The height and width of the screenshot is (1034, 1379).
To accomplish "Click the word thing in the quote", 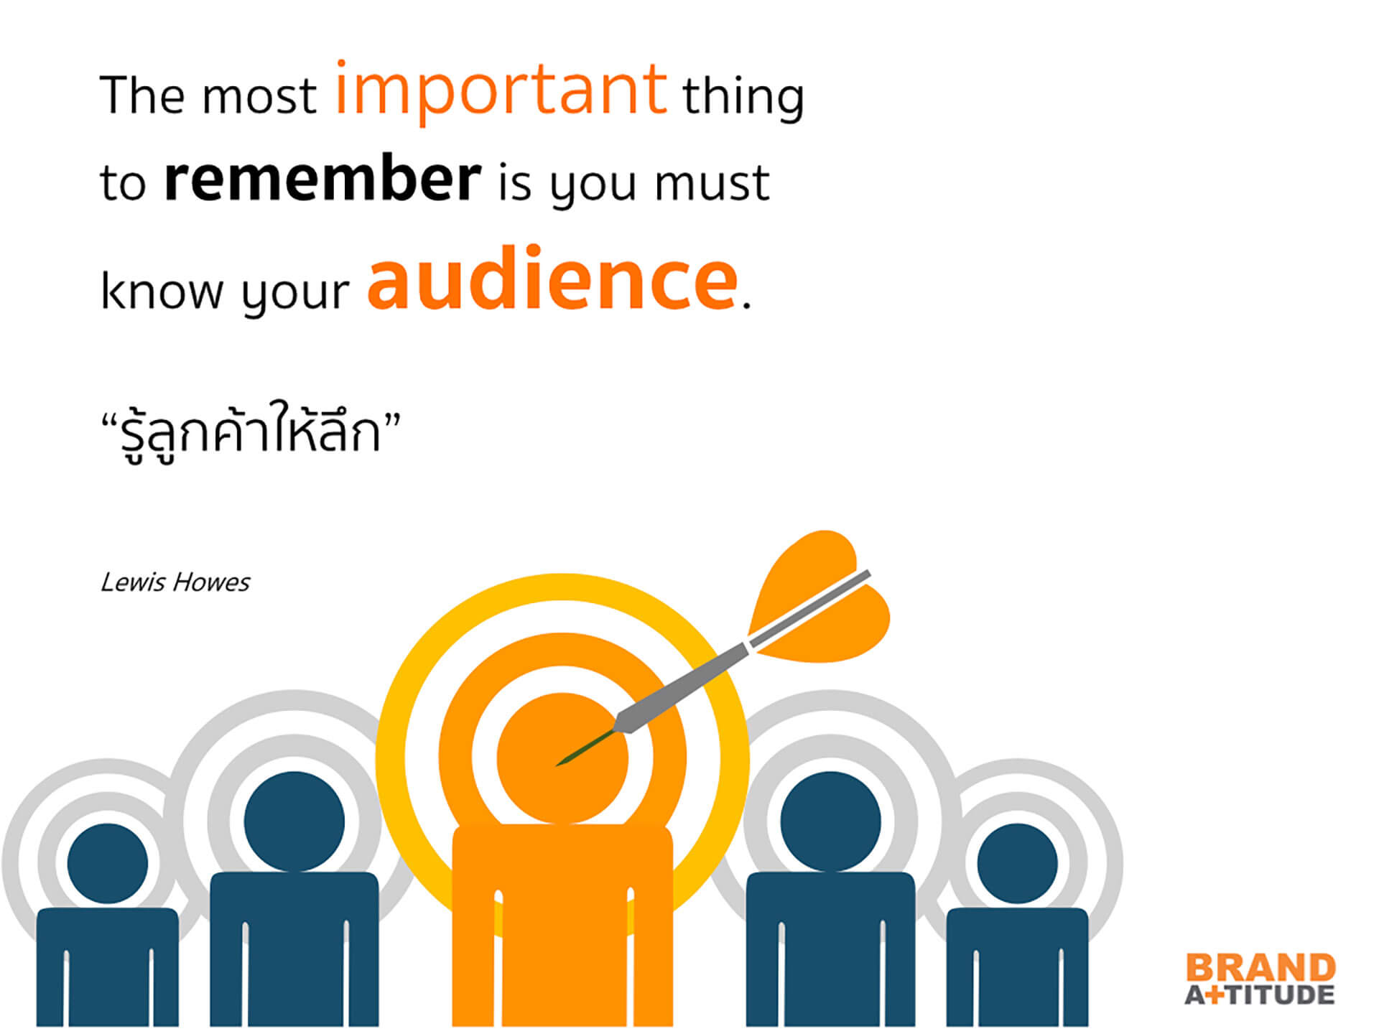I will click(x=743, y=97).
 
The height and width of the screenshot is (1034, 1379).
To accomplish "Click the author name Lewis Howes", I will click(x=175, y=582).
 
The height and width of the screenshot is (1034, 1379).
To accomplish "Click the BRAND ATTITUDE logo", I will click(x=1260, y=979).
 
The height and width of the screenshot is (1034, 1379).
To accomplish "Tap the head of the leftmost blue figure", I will click(x=107, y=863).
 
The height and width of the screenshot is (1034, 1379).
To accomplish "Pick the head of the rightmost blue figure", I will click(x=1017, y=863).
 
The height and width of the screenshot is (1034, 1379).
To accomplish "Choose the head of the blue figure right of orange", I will click(x=830, y=821).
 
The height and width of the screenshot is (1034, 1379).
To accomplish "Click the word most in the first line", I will click(x=259, y=97).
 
